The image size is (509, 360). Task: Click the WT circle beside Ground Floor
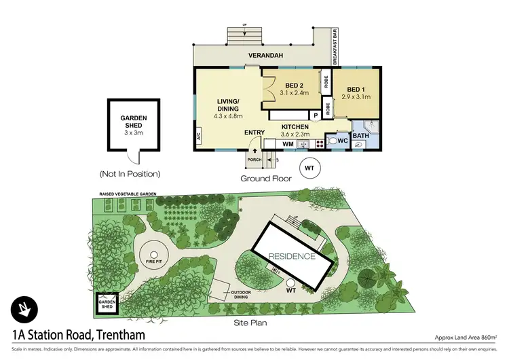coord(309,166)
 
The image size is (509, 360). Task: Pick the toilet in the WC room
coord(333,141)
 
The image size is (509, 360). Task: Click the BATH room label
coord(360,136)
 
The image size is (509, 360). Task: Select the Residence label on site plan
coord(291,256)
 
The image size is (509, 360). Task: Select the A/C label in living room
coord(199,136)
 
